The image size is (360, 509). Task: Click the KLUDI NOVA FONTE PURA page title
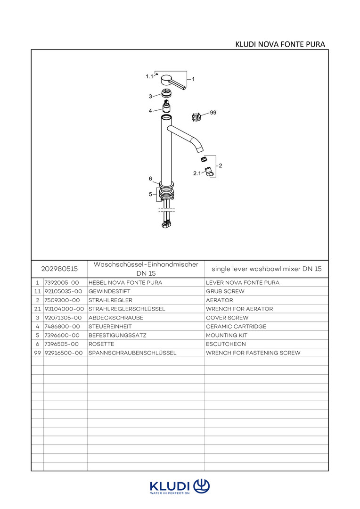(x=280, y=44)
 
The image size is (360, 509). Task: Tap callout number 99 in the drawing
(x=213, y=113)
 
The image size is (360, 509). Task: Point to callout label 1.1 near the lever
(x=149, y=76)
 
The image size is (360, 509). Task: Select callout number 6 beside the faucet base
(x=150, y=179)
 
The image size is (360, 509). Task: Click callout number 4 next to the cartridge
(x=150, y=111)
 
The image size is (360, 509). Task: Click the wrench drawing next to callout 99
(x=197, y=116)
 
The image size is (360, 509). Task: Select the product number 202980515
(x=59, y=269)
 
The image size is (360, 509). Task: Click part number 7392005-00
(x=62, y=283)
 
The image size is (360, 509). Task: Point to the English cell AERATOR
(x=219, y=300)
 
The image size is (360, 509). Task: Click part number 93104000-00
(x=64, y=309)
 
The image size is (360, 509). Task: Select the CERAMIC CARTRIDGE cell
(x=236, y=326)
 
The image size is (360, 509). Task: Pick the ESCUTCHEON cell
(x=226, y=344)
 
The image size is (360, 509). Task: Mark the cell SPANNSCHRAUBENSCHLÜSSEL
(x=132, y=353)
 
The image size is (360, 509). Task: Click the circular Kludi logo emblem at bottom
(x=201, y=485)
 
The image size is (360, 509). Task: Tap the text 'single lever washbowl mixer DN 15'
(x=266, y=269)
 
